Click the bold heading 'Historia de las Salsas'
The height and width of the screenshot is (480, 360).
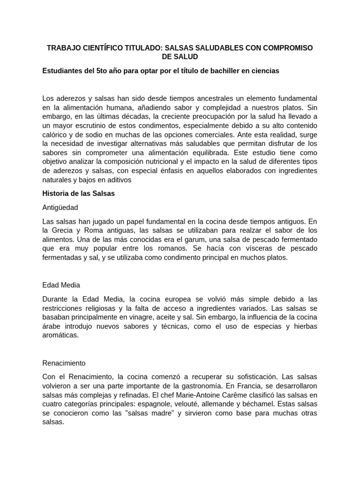click(79, 193)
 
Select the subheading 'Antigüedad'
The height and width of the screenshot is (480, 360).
click(60, 207)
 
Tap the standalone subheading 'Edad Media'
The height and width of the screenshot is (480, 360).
click(61, 285)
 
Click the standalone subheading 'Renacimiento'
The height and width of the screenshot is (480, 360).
click(64, 363)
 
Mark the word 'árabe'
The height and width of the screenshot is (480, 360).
click(51, 326)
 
